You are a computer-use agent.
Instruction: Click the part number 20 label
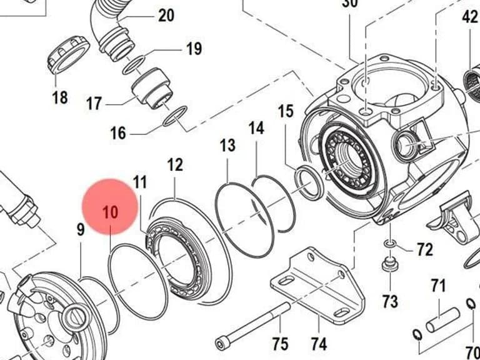point(166,15)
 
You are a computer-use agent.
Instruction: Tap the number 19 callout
point(194,49)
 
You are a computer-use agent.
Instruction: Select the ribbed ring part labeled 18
point(68,55)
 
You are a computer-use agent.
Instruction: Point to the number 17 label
point(94,103)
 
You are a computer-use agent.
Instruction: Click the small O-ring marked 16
point(175,116)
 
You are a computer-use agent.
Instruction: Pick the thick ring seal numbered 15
point(309,182)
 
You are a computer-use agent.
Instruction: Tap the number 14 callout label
point(256,128)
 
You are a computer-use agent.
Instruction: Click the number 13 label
point(227,145)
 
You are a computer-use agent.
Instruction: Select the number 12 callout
point(175,165)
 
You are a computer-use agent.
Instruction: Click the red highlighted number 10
point(110,212)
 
